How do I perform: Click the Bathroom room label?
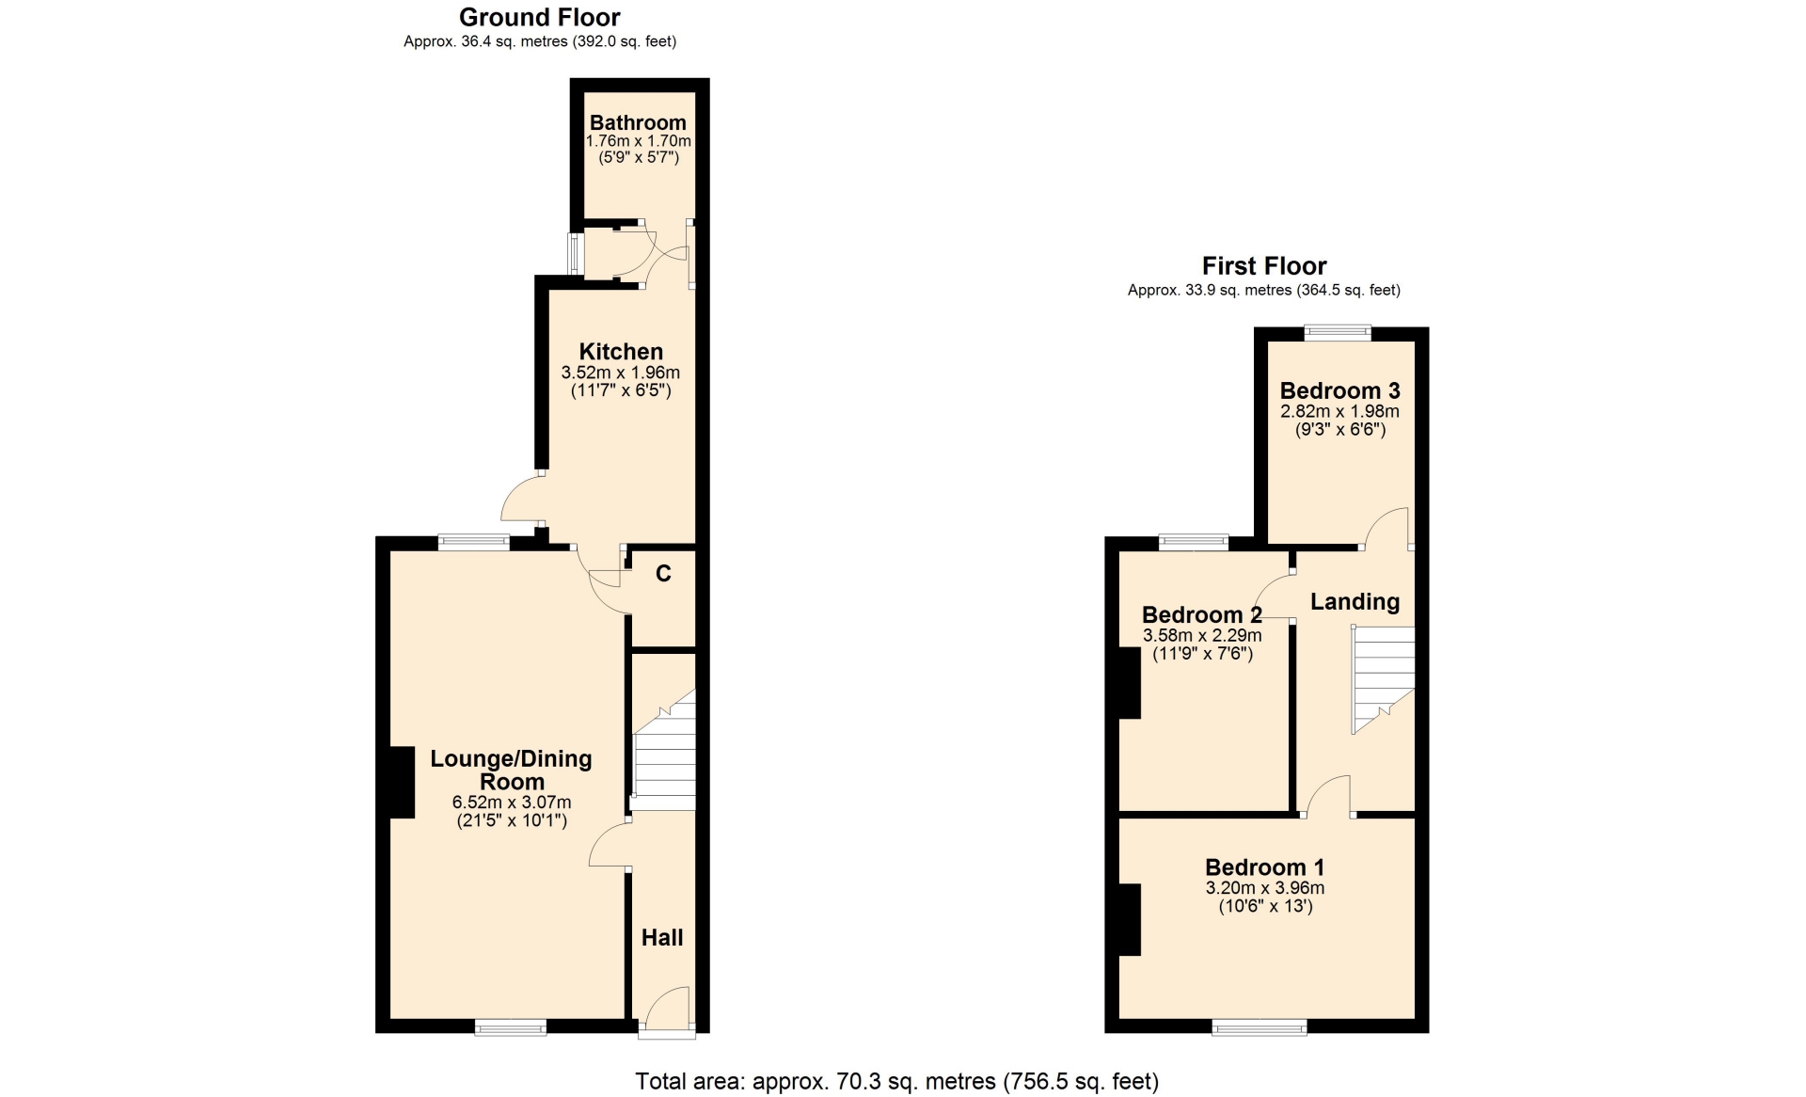click(638, 122)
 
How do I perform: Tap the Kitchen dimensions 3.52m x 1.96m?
click(620, 373)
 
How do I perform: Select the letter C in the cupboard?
click(663, 574)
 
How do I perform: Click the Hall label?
click(662, 937)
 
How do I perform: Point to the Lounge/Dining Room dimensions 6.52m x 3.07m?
click(512, 803)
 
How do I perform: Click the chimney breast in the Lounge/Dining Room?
click(402, 782)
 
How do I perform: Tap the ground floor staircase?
click(664, 750)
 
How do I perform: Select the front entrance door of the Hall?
click(667, 1010)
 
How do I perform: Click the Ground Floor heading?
click(540, 18)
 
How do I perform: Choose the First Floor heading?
click(1264, 266)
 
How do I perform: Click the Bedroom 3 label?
click(1339, 390)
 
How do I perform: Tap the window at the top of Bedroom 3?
click(1338, 332)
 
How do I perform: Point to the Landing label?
click(1354, 601)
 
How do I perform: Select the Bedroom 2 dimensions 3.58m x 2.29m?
click(1202, 635)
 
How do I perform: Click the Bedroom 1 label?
click(1265, 867)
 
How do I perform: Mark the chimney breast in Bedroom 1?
click(1130, 920)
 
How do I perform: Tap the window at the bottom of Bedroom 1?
click(1259, 1027)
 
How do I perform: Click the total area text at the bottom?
click(897, 1082)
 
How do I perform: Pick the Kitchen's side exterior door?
click(522, 498)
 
